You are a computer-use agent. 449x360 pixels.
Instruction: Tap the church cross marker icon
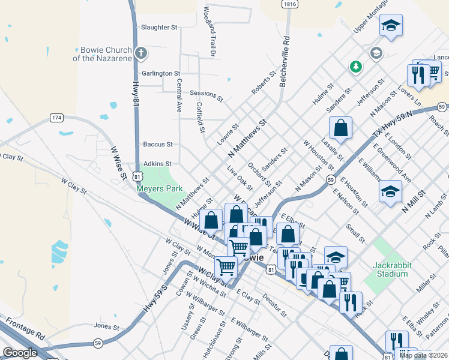[x=141, y=53]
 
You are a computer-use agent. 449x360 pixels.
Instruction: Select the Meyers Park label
[x=159, y=188]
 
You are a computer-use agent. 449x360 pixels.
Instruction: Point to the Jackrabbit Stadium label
[x=390, y=269]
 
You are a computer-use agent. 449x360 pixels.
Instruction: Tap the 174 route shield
[x=56, y=118]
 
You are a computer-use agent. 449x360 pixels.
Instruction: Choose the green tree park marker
[x=356, y=67]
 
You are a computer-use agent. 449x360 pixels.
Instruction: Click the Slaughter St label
[x=159, y=28]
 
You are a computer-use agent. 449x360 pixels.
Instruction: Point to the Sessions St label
[x=206, y=94]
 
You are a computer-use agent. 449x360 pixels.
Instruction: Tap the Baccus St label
[x=158, y=145]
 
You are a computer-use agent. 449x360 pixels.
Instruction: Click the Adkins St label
[x=157, y=163]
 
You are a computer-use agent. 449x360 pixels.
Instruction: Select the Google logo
[x=20, y=353]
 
